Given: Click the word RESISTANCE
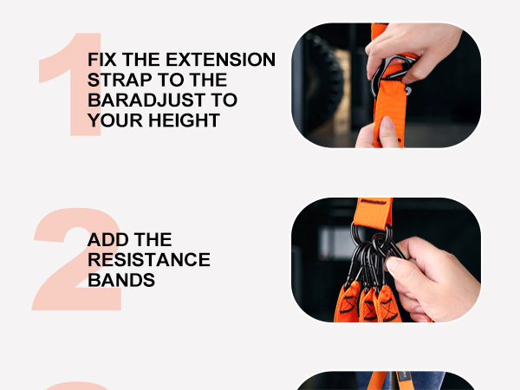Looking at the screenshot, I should coord(149,260).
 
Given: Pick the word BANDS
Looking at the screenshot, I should coord(121,280).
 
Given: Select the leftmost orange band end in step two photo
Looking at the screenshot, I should coord(348,303).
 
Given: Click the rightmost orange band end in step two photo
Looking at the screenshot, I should coord(387,303).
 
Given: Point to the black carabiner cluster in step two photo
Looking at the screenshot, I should coord(368,256).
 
